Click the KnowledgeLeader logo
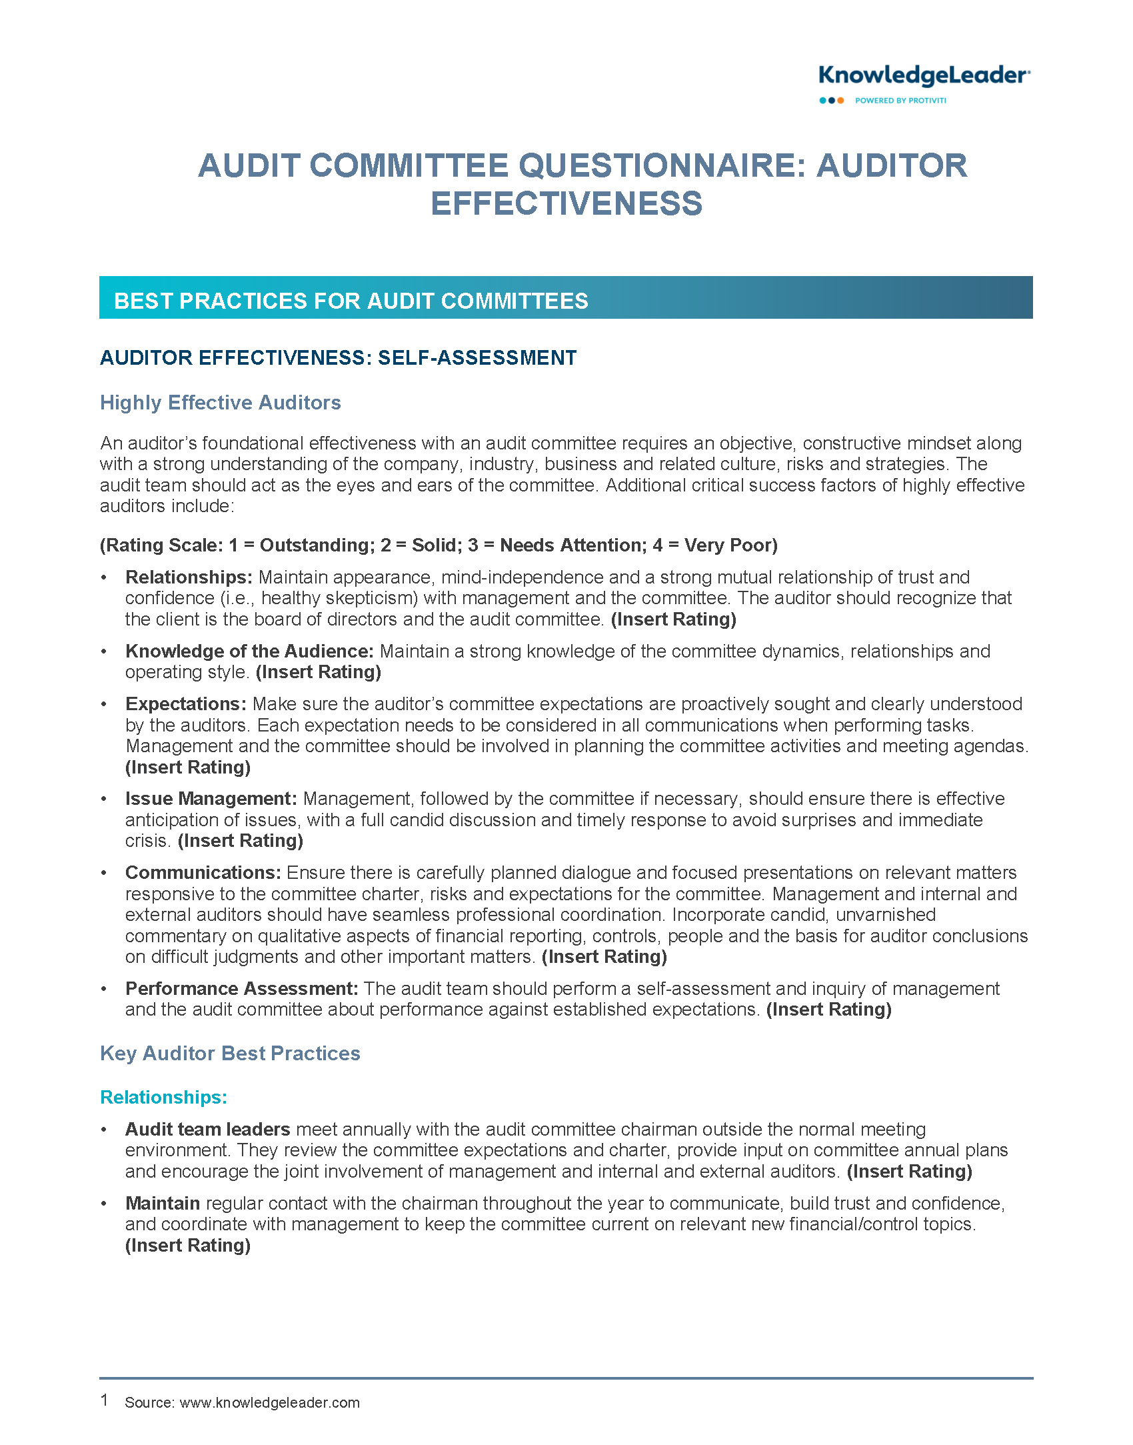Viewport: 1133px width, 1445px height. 924,76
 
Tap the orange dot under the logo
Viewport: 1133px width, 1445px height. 840,101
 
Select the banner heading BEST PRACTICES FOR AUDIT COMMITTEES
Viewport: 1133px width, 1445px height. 351,301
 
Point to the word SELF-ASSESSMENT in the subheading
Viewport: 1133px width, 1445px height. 477,358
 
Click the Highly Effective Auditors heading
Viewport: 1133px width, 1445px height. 221,403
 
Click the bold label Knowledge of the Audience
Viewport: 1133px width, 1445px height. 249,651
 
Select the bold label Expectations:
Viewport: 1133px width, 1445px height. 186,704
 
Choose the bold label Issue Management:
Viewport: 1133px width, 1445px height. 211,799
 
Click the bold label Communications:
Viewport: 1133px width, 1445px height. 203,873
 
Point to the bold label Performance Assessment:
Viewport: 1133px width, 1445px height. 242,989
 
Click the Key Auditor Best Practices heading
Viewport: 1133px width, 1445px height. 230,1054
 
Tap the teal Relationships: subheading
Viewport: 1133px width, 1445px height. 163,1098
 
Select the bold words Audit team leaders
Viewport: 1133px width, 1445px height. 207,1130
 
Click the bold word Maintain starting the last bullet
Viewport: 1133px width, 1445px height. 163,1204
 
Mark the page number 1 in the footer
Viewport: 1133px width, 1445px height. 105,1400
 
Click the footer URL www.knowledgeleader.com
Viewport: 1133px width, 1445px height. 269,1402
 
